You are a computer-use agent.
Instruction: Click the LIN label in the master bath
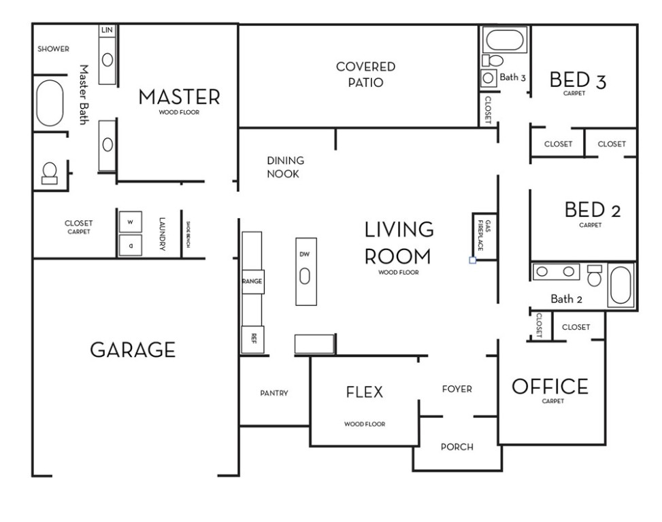coord(107,31)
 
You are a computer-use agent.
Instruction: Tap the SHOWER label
coord(53,49)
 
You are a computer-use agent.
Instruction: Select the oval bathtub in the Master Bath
coord(50,103)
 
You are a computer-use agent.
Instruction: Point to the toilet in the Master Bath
coord(50,173)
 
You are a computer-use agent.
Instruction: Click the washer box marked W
coord(130,222)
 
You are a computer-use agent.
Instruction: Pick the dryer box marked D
coord(130,245)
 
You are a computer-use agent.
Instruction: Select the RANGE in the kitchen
coord(252,281)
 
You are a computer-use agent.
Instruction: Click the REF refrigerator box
coord(252,337)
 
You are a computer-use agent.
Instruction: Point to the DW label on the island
coord(304,254)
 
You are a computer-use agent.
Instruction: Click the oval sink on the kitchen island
coord(305,276)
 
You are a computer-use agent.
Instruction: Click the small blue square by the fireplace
coord(473,260)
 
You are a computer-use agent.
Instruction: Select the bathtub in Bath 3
coord(503,40)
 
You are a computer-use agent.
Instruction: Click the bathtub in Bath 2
coord(620,285)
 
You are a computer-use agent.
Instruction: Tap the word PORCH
coord(457,447)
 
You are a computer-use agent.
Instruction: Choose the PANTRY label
coord(274,393)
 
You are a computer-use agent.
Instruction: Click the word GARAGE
coord(133,351)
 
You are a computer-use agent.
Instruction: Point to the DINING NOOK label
coord(285,167)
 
